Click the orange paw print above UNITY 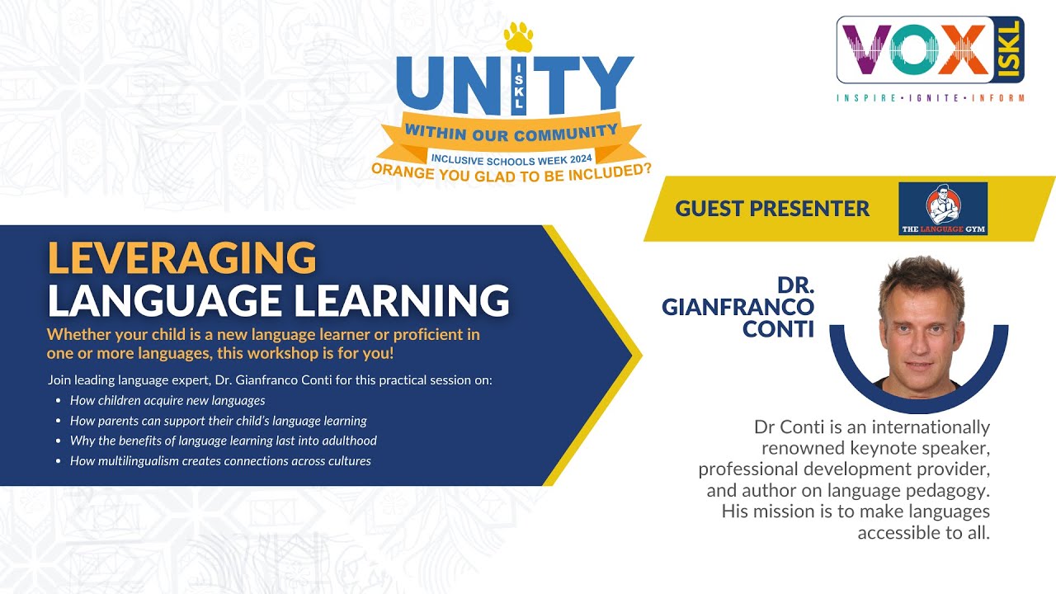click(519, 38)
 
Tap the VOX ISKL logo click(930, 51)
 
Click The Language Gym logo click(942, 209)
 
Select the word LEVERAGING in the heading click(182, 258)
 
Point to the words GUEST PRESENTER click(772, 209)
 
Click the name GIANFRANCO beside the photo click(738, 307)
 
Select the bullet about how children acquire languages click(167, 401)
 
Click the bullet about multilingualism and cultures click(220, 461)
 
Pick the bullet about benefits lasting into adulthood click(223, 441)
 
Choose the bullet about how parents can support click(218, 421)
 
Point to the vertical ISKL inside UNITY click(519, 86)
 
